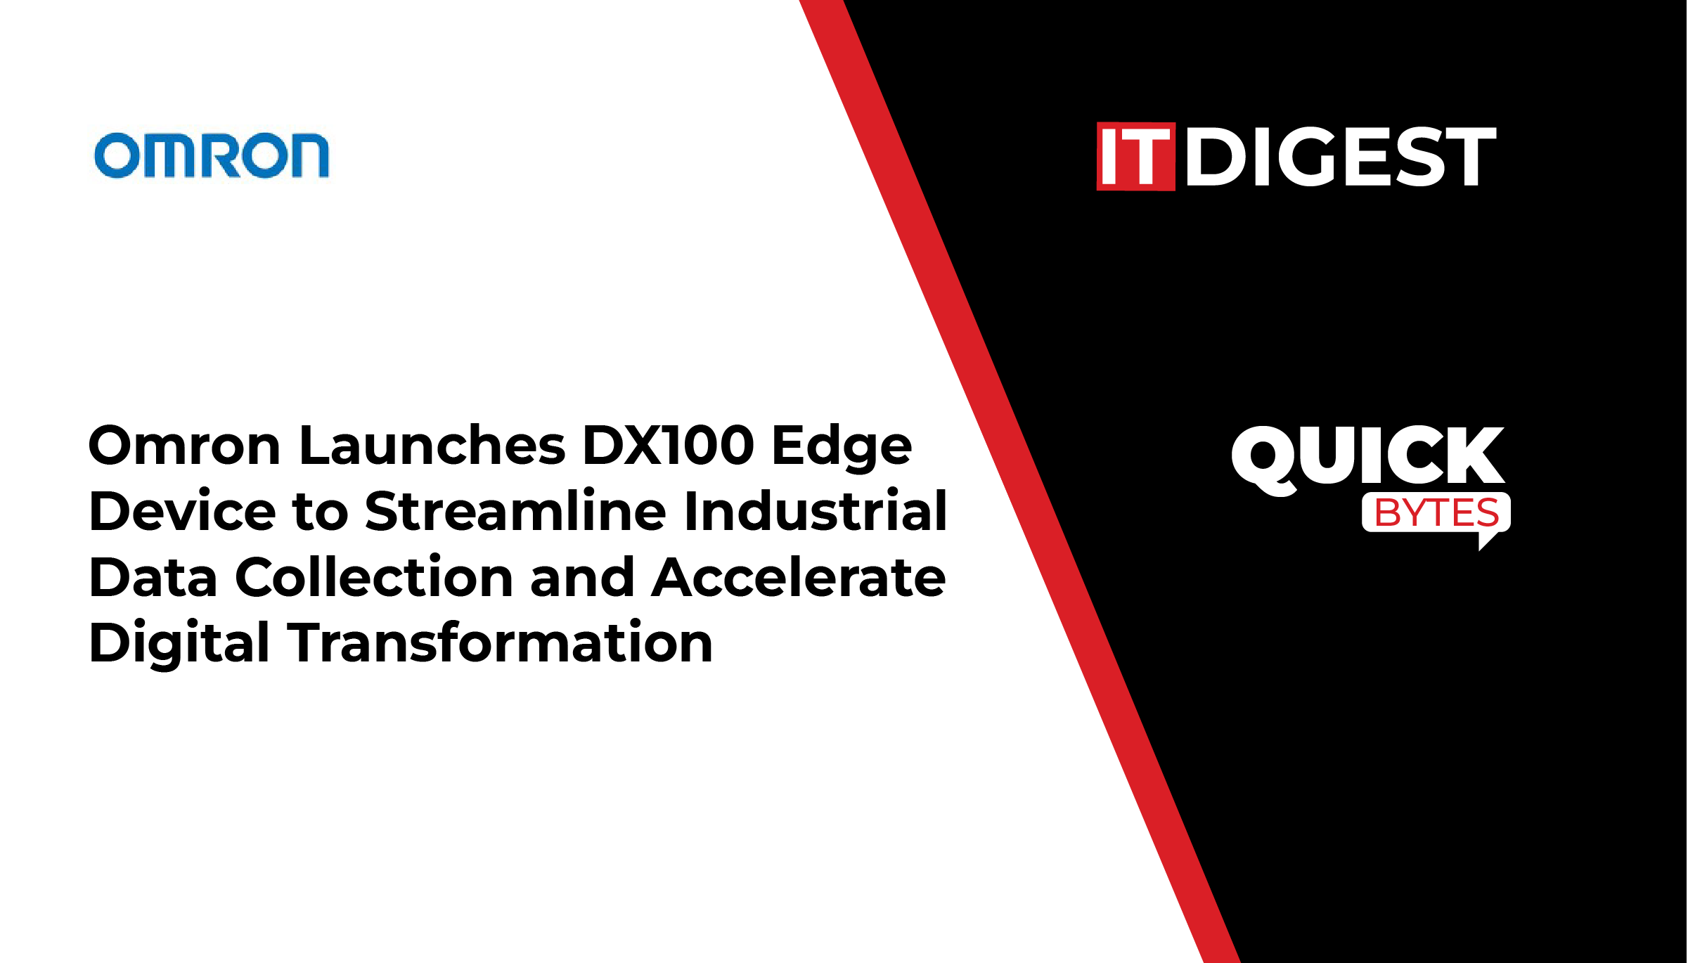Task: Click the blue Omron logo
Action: coord(212,155)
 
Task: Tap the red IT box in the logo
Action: coord(1136,157)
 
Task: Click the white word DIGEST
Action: coord(1341,157)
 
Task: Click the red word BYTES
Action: coord(1436,512)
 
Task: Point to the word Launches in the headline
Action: coord(432,446)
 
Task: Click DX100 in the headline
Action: coord(669,446)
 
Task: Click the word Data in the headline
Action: coord(153,577)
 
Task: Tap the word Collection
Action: coord(374,576)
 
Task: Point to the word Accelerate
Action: coord(799,576)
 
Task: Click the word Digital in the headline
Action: coord(179,642)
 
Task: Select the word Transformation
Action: coord(500,642)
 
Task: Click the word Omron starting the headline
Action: coord(186,446)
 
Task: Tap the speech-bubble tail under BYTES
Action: coord(1489,540)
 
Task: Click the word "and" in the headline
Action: coord(583,576)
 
